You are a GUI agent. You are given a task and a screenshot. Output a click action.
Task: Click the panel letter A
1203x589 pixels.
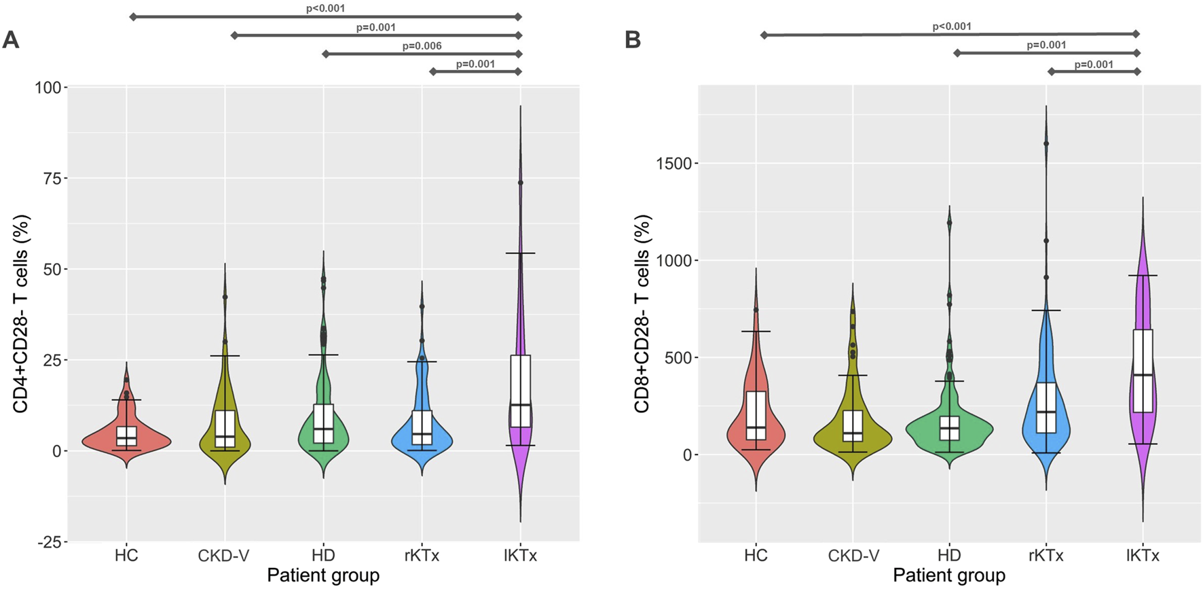tap(11, 40)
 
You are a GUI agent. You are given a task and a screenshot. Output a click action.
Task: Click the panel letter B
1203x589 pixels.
tap(633, 40)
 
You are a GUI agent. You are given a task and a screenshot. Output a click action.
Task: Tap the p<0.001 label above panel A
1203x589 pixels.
tap(326, 9)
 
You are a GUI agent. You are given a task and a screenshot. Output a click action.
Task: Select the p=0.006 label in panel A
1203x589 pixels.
tap(422, 46)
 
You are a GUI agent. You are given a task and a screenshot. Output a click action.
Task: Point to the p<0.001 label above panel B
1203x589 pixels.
tap(952, 26)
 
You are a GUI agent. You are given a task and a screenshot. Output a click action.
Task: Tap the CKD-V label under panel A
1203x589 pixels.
tap(224, 556)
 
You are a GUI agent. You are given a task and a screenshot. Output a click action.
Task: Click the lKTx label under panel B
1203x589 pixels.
tap(1143, 556)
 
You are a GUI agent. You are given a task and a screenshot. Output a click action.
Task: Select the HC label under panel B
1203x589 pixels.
tap(756, 556)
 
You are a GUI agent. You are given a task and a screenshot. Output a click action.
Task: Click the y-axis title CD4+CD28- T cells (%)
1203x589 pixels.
tap(21, 314)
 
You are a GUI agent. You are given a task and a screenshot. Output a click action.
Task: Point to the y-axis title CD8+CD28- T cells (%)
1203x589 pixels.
tap(642, 314)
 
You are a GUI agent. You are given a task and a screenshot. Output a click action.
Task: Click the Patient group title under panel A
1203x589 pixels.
tap(323, 576)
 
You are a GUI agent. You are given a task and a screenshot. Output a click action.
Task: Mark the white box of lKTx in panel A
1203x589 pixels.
tap(520, 380)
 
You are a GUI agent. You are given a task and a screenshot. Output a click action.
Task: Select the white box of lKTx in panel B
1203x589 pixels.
tap(1143, 353)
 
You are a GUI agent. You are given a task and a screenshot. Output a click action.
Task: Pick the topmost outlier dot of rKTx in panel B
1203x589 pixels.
tap(1046, 143)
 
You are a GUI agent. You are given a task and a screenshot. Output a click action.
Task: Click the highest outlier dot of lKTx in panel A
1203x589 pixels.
tap(520, 183)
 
